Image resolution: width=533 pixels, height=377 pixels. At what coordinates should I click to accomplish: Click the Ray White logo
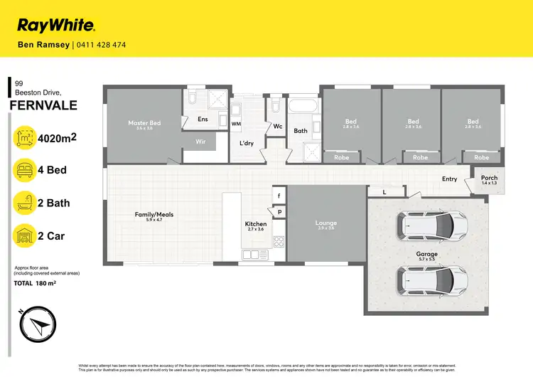(x=56, y=26)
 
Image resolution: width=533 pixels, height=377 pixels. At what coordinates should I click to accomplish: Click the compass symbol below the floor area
(x=35, y=326)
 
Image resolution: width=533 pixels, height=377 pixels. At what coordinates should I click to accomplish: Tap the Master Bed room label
(x=144, y=123)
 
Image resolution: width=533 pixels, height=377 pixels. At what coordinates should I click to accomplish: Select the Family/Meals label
(x=154, y=214)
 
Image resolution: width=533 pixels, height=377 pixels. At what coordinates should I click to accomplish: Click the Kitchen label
(x=255, y=224)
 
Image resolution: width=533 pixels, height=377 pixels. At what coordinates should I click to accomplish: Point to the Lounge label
(x=326, y=223)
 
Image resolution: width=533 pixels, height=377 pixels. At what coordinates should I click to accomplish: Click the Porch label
(x=489, y=179)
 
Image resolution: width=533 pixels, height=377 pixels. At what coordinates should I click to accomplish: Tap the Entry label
(x=449, y=179)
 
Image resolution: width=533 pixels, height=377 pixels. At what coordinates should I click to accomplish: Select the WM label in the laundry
(x=236, y=124)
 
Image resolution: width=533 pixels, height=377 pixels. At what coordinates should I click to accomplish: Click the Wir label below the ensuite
(x=200, y=142)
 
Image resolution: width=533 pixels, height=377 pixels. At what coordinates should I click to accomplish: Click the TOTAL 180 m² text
(x=36, y=283)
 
